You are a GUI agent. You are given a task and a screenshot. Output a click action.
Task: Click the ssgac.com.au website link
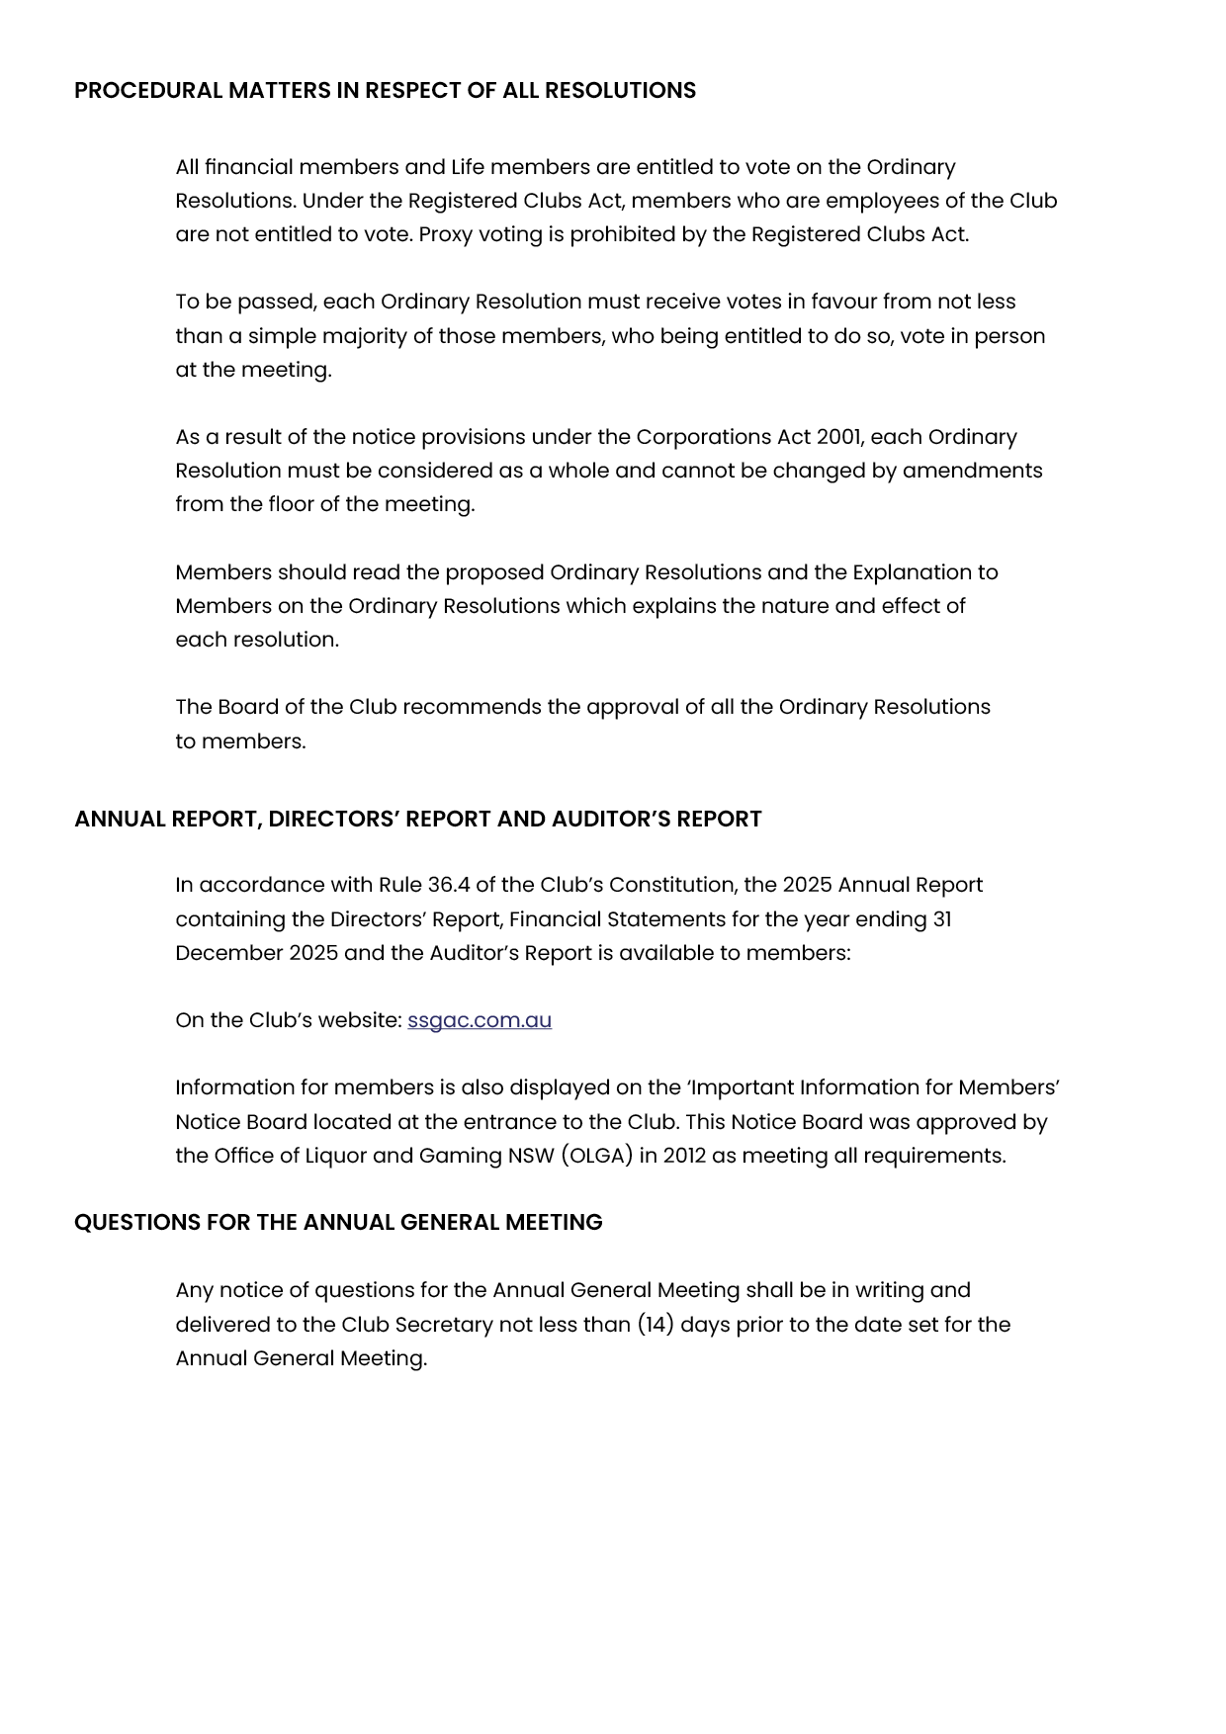480,1020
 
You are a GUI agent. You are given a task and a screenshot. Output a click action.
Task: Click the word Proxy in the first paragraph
446,234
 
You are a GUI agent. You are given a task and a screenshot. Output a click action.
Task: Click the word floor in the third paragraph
291,504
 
